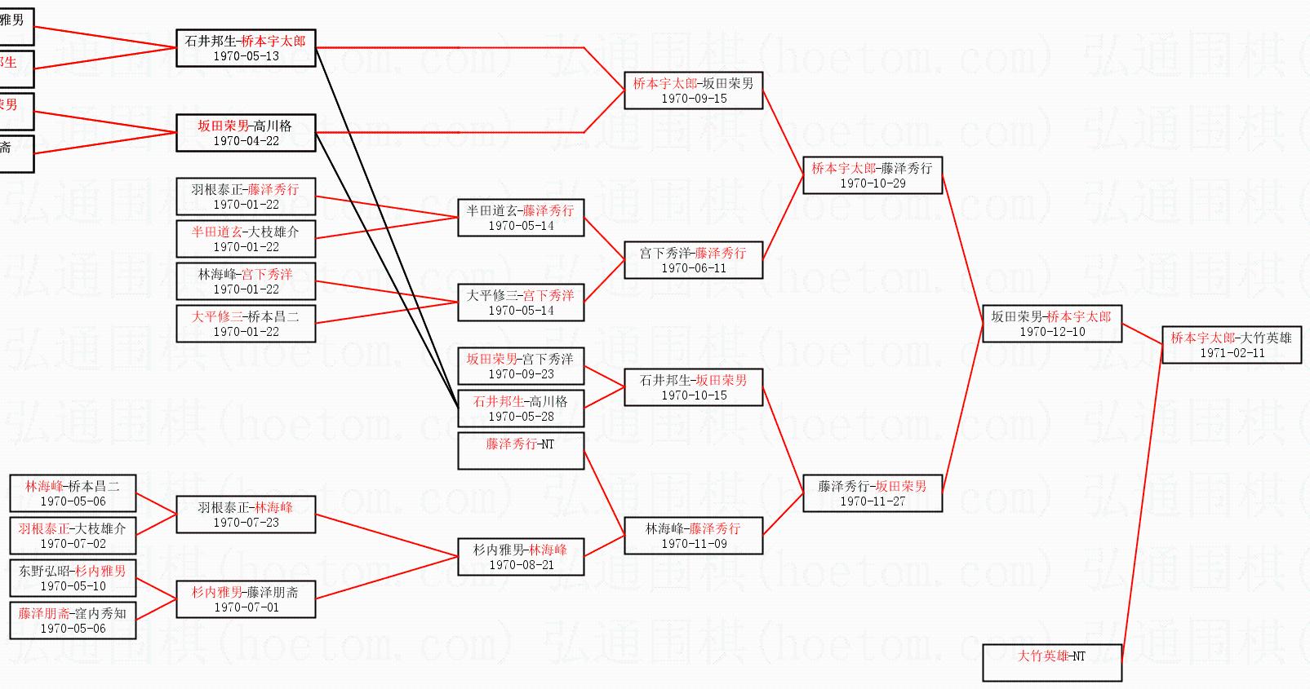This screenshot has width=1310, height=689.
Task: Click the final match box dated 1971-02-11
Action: (x=1231, y=345)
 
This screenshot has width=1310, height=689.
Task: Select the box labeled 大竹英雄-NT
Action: (x=1051, y=662)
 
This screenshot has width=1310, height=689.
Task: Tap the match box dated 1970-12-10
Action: (x=1051, y=324)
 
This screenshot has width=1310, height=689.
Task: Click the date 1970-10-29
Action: (x=873, y=183)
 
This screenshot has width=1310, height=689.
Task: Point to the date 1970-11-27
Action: (x=873, y=501)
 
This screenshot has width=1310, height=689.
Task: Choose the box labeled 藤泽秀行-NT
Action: (x=521, y=451)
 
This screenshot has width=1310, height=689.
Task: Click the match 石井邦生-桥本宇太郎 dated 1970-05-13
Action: (x=246, y=48)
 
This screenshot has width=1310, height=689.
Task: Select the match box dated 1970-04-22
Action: (x=246, y=133)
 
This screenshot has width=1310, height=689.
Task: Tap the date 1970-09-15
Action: (x=693, y=99)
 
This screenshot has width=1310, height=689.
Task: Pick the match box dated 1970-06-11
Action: (x=693, y=260)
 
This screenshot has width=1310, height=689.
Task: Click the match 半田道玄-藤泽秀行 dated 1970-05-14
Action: (x=521, y=218)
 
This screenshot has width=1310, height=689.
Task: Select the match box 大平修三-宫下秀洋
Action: (x=521, y=303)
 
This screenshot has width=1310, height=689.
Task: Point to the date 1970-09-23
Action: (x=521, y=374)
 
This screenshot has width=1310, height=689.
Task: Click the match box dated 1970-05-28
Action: (x=521, y=409)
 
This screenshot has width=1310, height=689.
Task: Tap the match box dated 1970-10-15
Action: (x=693, y=387)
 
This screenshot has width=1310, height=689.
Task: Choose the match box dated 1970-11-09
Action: (x=693, y=536)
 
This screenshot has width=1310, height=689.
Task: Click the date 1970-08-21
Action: (x=521, y=565)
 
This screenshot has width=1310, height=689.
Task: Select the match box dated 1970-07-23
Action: (x=246, y=515)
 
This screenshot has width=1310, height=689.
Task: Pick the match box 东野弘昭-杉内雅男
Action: (x=73, y=578)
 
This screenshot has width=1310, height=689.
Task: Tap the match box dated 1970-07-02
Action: (x=73, y=536)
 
